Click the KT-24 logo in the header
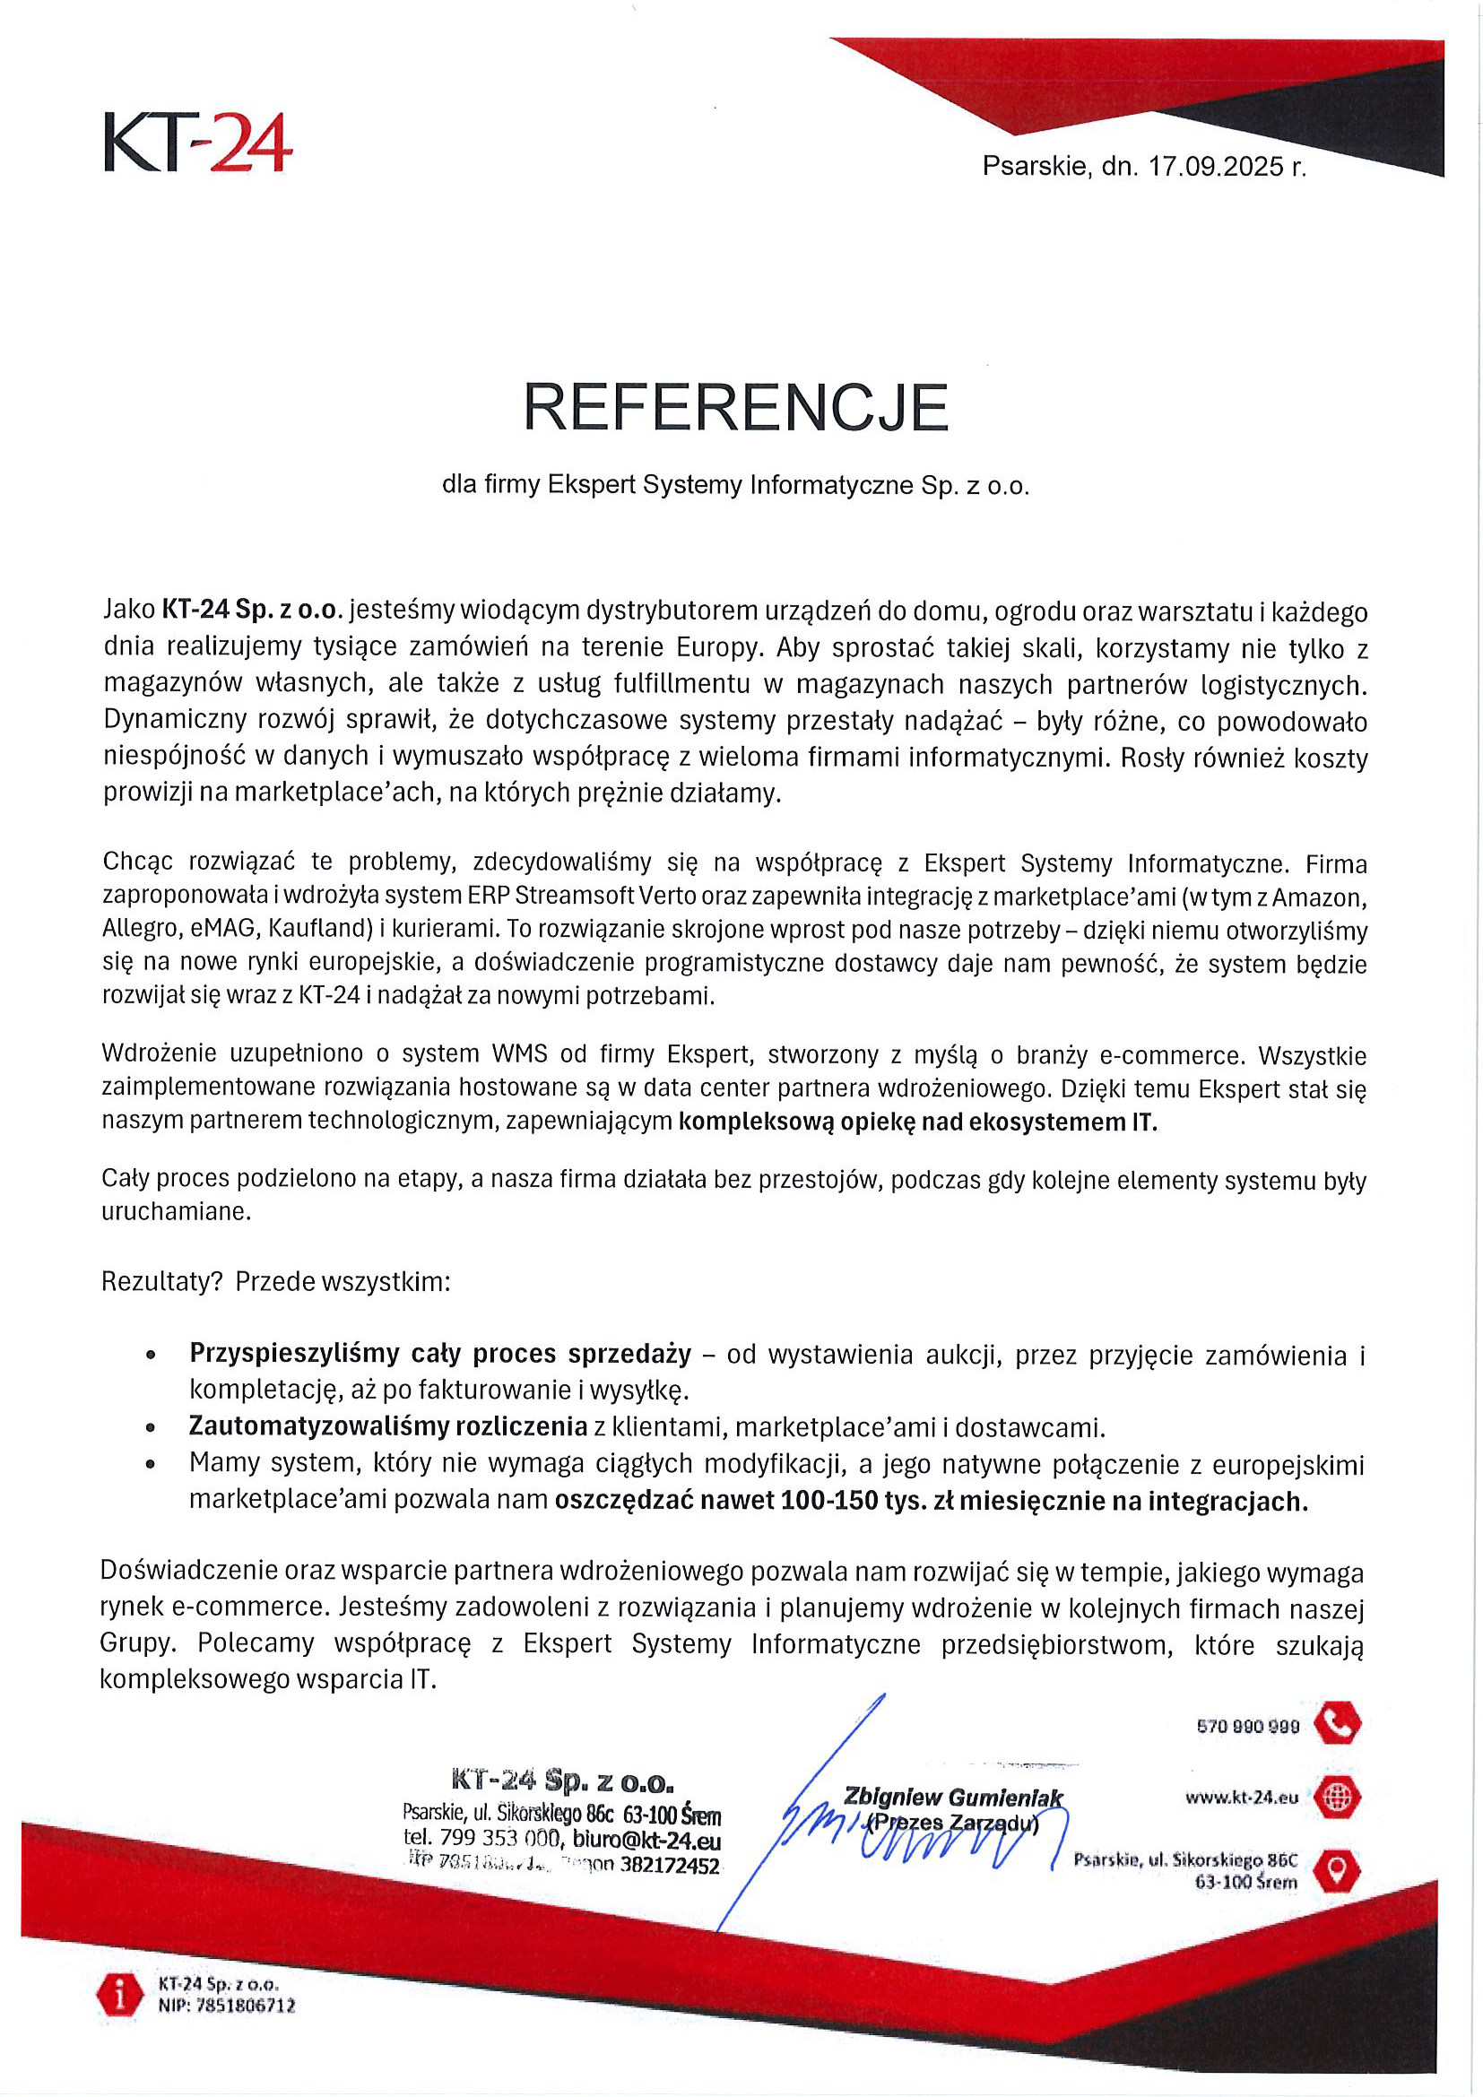[x=198, y=143]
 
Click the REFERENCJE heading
[x=736, y=407]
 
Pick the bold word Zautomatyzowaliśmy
[x=387, y=1425]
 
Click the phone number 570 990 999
[x=1247, y=1727]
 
